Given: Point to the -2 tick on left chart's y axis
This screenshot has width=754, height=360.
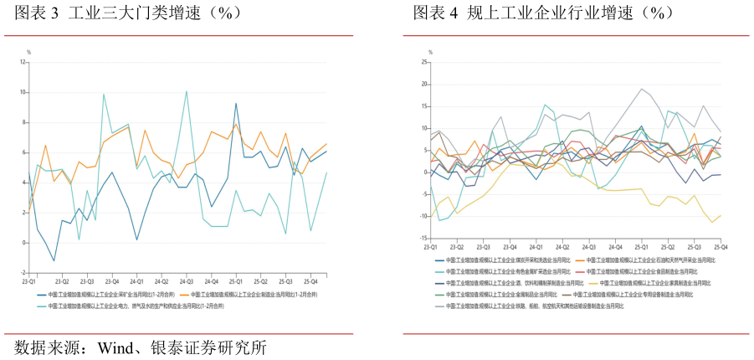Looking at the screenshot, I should (23, 273).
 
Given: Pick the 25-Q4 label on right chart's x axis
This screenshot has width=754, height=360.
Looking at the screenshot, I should (718, 248).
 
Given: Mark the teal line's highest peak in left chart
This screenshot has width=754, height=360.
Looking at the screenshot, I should (186, 91).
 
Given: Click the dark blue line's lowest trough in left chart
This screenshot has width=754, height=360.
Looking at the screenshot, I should (54, 260).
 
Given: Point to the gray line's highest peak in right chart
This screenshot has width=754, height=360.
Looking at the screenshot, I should (642, 89).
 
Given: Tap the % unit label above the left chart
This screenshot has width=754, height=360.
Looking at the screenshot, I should (29, 52).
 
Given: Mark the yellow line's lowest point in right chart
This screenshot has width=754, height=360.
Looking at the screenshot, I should (712, 222).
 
